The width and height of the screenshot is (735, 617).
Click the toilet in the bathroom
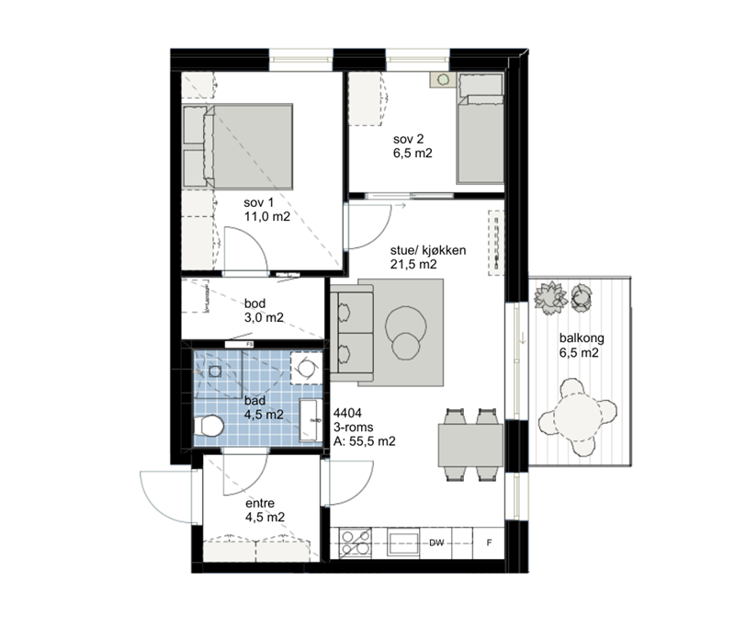[x=209, y=426]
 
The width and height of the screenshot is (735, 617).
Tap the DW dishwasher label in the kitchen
[x=436, y=543]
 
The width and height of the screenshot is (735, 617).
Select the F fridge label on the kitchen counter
[x=489, y=543]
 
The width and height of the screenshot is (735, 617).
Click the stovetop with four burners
[x=355, y=543]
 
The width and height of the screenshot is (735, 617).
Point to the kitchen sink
[x=403, y=543]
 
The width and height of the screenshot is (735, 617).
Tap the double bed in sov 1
[x=238, y=146]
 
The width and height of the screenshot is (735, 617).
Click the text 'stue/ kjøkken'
[x=428, y=250]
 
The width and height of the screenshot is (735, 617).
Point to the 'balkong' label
[x=582, y=338]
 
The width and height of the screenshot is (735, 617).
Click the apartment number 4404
[x=347, y=413]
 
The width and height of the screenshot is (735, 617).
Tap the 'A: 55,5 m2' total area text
[x=364, y=441]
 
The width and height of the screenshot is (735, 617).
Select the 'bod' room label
[x=254, y=303]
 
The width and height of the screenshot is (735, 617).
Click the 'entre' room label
[x=260, y=504]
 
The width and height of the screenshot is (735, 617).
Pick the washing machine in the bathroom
[x=306, y=368]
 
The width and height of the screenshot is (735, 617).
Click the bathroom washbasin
[x=311, y=420]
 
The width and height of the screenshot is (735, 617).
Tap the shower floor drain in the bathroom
[x=215, y=371]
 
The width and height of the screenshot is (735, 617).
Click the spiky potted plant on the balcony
[x=550, y=298]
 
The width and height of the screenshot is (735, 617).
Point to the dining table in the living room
[x=470, y=445]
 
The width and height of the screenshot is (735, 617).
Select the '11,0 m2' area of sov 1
[x=266, y=217]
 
